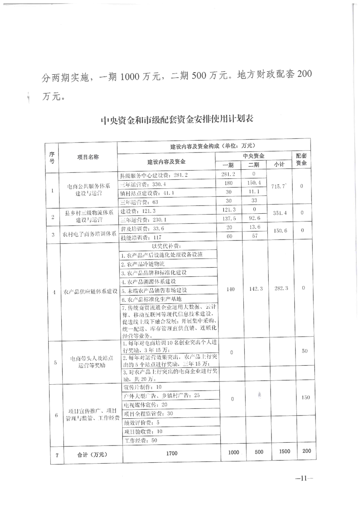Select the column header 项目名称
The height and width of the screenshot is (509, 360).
(x=88, y=157)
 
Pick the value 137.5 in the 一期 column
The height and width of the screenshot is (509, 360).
(x=229, y=220)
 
